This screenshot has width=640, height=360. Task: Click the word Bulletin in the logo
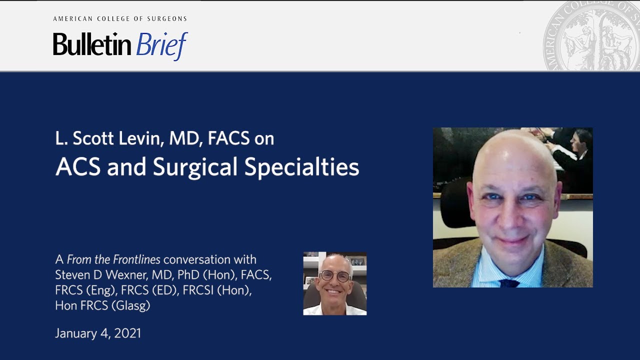92,45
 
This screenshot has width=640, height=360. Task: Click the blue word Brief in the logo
161,45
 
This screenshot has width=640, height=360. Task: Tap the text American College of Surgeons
120,19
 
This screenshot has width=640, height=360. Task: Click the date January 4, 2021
98,333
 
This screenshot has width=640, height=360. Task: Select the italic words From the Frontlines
113,259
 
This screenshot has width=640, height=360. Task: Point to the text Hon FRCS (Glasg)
102,306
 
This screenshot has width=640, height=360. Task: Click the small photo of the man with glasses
334,283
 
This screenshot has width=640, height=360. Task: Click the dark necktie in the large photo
509,283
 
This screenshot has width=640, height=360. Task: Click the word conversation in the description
209,259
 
